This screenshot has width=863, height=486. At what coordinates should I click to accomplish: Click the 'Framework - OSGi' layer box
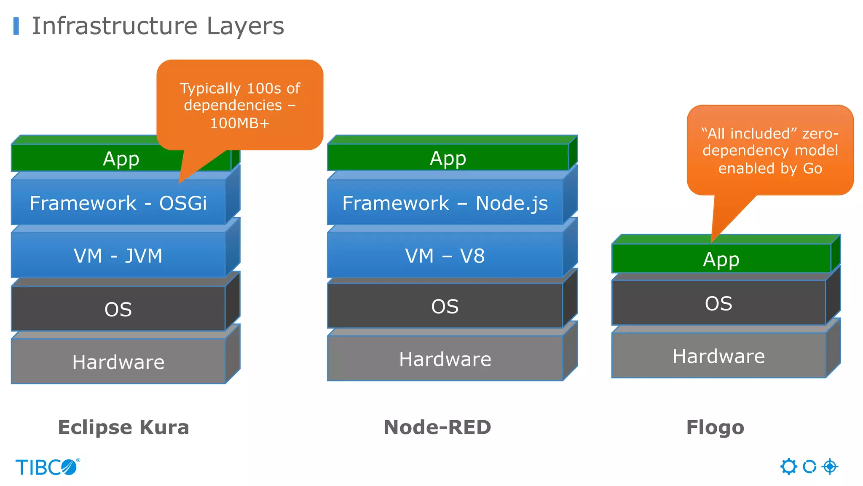tap(118, 203)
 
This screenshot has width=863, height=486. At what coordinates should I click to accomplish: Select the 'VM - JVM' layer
tap(118, 256)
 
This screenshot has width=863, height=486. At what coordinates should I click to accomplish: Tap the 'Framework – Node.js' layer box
tap(445, 203)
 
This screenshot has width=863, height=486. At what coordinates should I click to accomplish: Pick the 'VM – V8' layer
tap(445, 256)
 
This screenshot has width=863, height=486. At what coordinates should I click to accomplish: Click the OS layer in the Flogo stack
tap(719, 303)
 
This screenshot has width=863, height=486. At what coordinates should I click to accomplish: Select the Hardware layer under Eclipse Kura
tap(118, 362)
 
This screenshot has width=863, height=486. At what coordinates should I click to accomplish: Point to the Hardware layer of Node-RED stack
tap(445, 359)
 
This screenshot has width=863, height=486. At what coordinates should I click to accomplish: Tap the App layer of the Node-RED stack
tap(448, 158)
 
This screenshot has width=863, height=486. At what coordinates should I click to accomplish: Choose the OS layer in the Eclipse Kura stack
tap(118, 309)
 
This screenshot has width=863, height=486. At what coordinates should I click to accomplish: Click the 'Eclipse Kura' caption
tap(123, 427)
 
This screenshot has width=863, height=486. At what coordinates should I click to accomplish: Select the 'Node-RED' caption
tap(437, 427)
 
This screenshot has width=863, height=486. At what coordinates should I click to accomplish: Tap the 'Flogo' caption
tap(715, 427)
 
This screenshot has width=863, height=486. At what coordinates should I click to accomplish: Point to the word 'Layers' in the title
tap(245, 26)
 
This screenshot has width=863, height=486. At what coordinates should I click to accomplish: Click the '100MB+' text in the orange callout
tap(240, 123)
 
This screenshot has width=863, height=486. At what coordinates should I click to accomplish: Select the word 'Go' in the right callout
tap(812, 168)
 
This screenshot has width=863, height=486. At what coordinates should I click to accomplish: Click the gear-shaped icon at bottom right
tap(788, 467)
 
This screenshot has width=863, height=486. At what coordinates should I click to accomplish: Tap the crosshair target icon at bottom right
tap(830, 467)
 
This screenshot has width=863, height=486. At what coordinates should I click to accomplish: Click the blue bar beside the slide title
tap(16, 26)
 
